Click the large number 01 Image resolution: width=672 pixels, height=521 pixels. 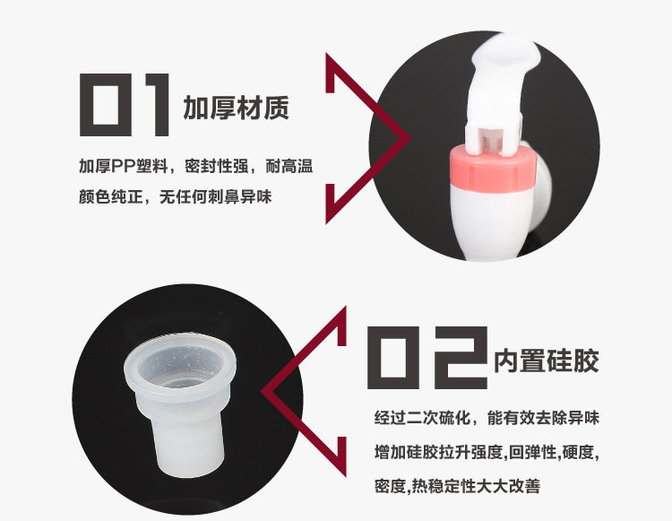tap(125, 106)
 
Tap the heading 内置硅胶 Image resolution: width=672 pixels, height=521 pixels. tap(546, 361)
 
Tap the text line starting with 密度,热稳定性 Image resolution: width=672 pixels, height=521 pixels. tap(458, 486)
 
